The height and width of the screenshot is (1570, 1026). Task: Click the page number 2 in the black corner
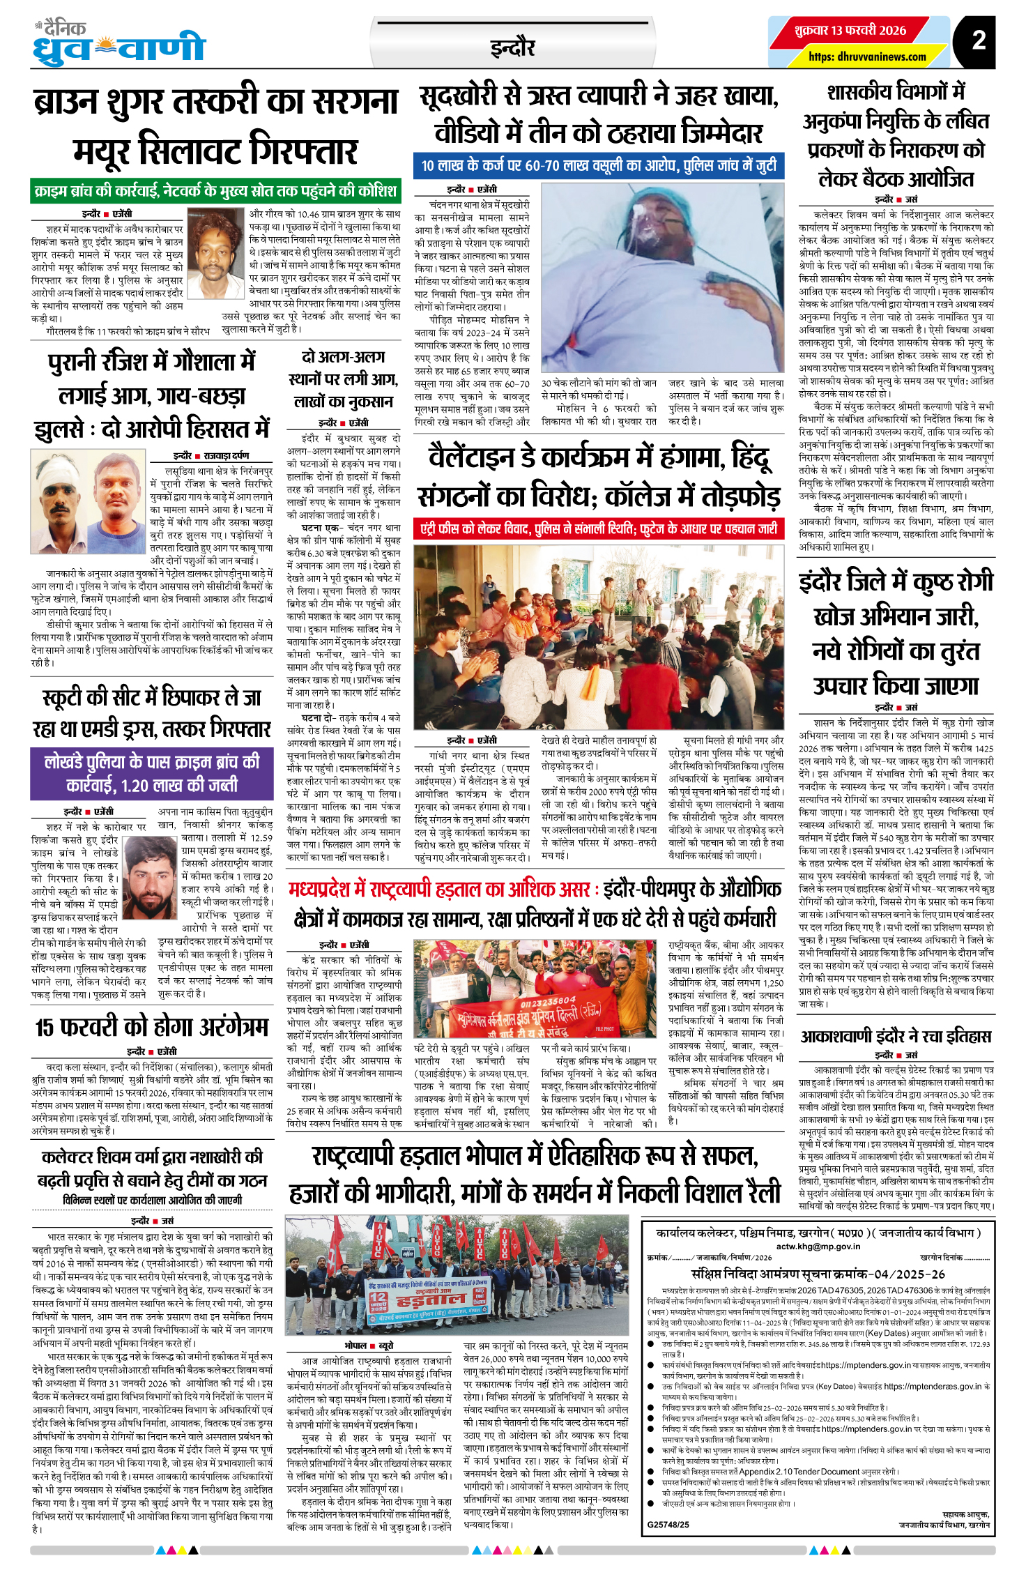click(979, 40)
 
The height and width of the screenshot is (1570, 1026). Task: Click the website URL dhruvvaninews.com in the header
click(867, 56)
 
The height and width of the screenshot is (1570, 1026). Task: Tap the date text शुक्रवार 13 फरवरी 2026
click(850, 31)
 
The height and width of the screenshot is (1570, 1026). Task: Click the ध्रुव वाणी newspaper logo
click(119, 45)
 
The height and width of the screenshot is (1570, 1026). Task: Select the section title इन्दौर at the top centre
click(512, 48)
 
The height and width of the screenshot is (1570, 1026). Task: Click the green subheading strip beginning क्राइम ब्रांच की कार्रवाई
click(215, 190)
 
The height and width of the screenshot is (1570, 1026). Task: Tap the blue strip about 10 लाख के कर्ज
click(598, 166)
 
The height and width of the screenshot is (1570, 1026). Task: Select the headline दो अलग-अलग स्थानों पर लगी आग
click(342, 379)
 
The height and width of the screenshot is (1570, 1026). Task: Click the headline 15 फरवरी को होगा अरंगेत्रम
click(152, 1028)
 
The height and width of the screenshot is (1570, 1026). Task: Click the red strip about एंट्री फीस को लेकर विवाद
click(598, 529)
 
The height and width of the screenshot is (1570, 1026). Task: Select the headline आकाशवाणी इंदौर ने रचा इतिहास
click(896, 1037)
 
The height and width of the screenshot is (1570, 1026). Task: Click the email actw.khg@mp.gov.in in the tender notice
click(818, 1246)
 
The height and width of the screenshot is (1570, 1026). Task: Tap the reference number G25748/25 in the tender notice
click(668, 1524)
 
